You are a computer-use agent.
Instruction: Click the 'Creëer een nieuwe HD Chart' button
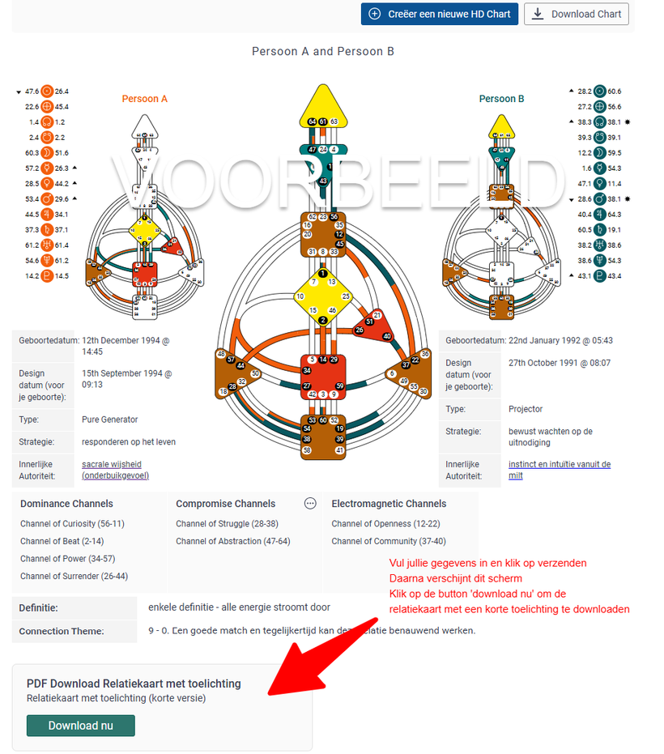[x=439, y=14]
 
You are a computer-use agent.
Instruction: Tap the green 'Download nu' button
[x=80, y=726]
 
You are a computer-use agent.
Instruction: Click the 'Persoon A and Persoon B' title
[x=323, y=51]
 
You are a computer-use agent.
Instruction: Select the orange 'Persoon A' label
[x=145, y=99]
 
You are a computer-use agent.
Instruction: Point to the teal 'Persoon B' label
[x=501, y=99]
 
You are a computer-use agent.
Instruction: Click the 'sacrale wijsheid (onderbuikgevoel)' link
[x=115, y=470]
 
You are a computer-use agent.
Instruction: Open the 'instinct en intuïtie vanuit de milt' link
[x=559, y=470]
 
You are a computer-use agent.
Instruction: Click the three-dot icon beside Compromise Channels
[x=310, y=504]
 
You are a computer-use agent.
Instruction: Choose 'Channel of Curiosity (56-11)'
[x=72, y=524]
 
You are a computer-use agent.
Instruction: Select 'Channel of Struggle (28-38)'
[x=227, y=524]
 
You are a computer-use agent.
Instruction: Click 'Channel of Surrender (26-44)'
[x=74, y=577]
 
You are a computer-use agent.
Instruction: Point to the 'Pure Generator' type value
[x=110, y=420]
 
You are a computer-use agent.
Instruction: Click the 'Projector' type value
[x=526, y=409]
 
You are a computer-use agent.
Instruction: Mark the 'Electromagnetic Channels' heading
[x=389, y=504]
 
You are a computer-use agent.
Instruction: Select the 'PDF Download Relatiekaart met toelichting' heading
[x=134, y=684]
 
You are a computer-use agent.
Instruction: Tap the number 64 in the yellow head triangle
[x=313, y=121]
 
